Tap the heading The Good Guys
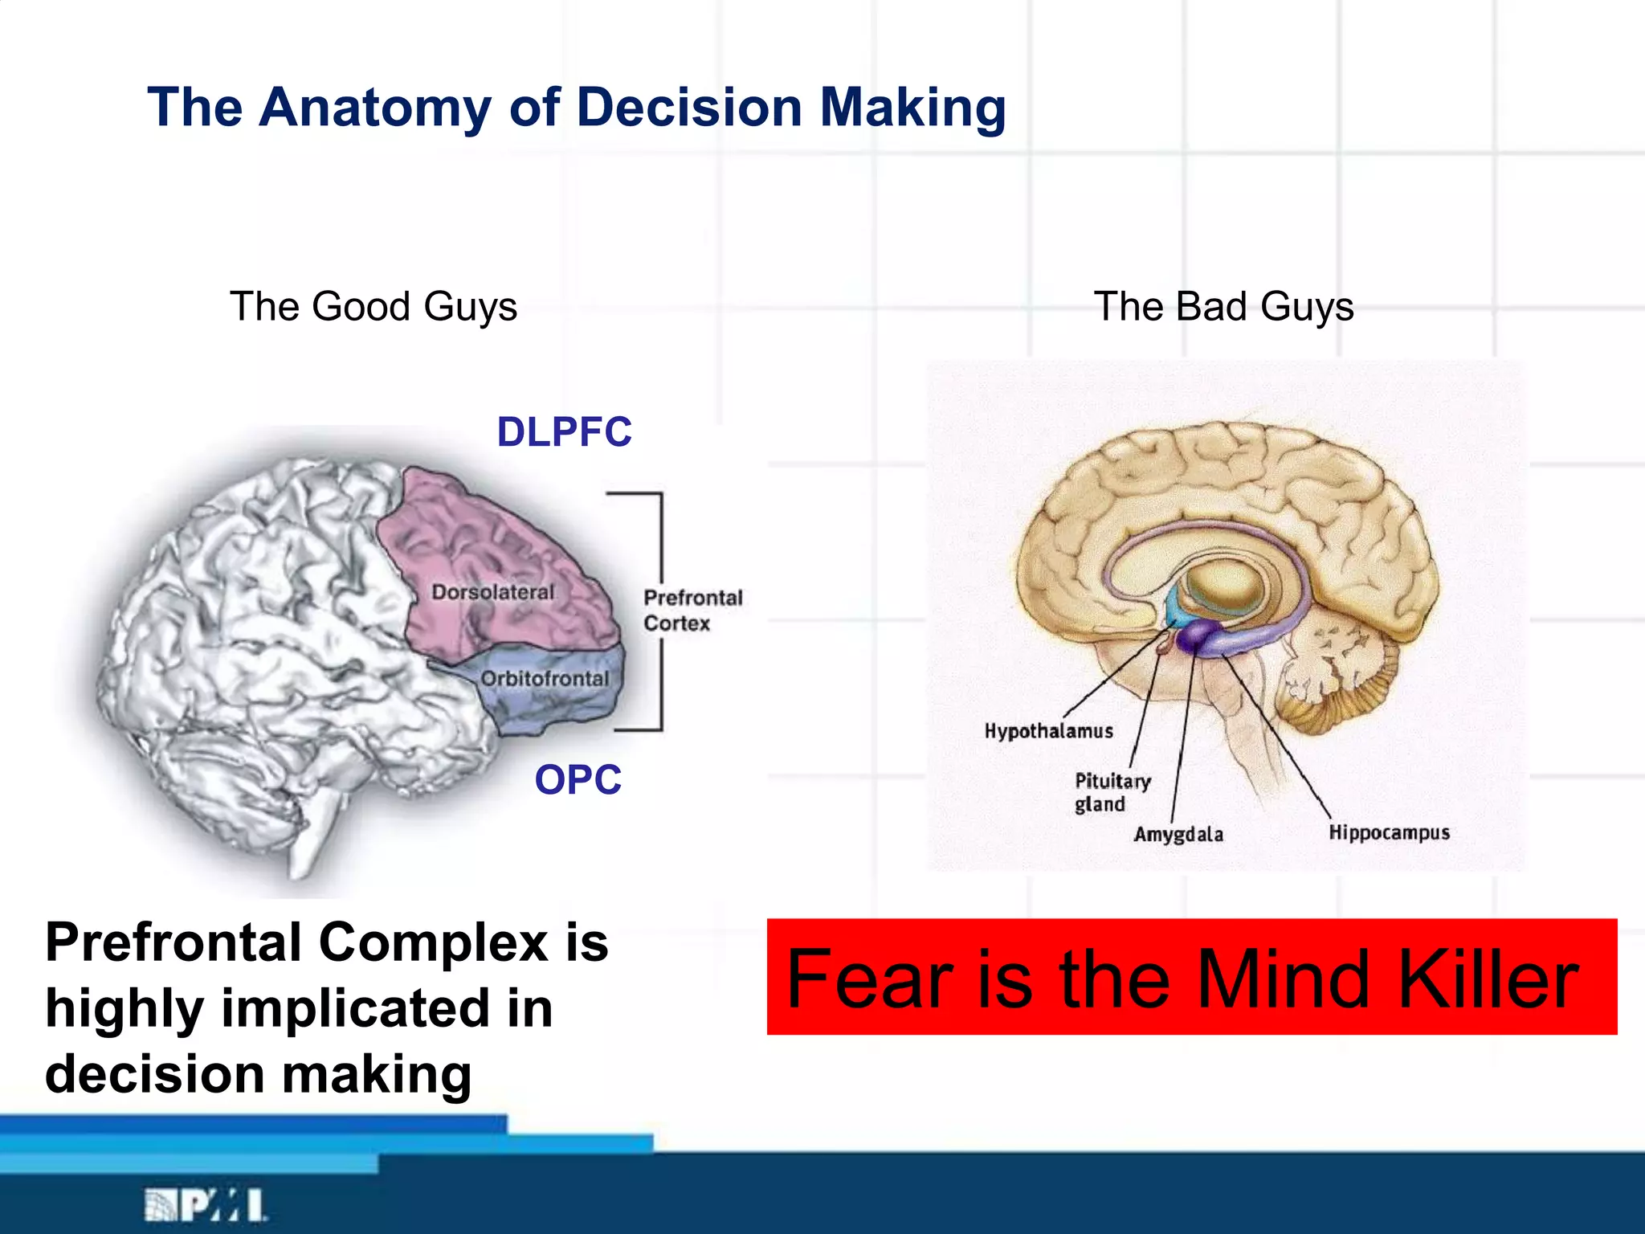click(x=373, y=307)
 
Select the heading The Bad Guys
click(x=1223, y=307)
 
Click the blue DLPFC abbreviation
click(x=564, y=432)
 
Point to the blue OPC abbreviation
click(x=578, y=780)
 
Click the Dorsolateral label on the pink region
click(x=493, y=593)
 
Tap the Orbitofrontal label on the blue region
click(x=545, y=679)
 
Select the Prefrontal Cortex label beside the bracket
click(x=692, y=611)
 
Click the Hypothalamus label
click(x=1049, y=731)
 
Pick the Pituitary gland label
click(x=1112, y=792)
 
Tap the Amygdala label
click(x=1178, y=835)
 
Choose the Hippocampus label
click(x=1389, y=832)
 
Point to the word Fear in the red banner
click(x=870, y=979)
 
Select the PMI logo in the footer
click(x=205, y=1205)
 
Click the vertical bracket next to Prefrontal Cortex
click(x=660, y=611)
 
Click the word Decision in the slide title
click(x=689, y=108)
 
